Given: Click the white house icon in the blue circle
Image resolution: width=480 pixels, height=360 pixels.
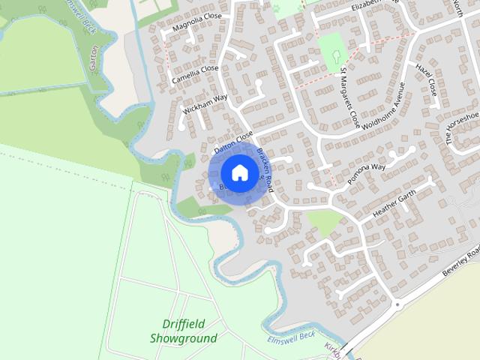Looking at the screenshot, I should (x=239, y=172).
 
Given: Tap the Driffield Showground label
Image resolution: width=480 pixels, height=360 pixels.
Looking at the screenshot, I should (x=183, y=331).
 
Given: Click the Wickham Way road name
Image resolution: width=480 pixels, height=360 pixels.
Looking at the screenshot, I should (x=205, y=106).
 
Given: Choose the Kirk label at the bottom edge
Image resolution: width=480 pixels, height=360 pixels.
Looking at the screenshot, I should (x=333, y=349).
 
